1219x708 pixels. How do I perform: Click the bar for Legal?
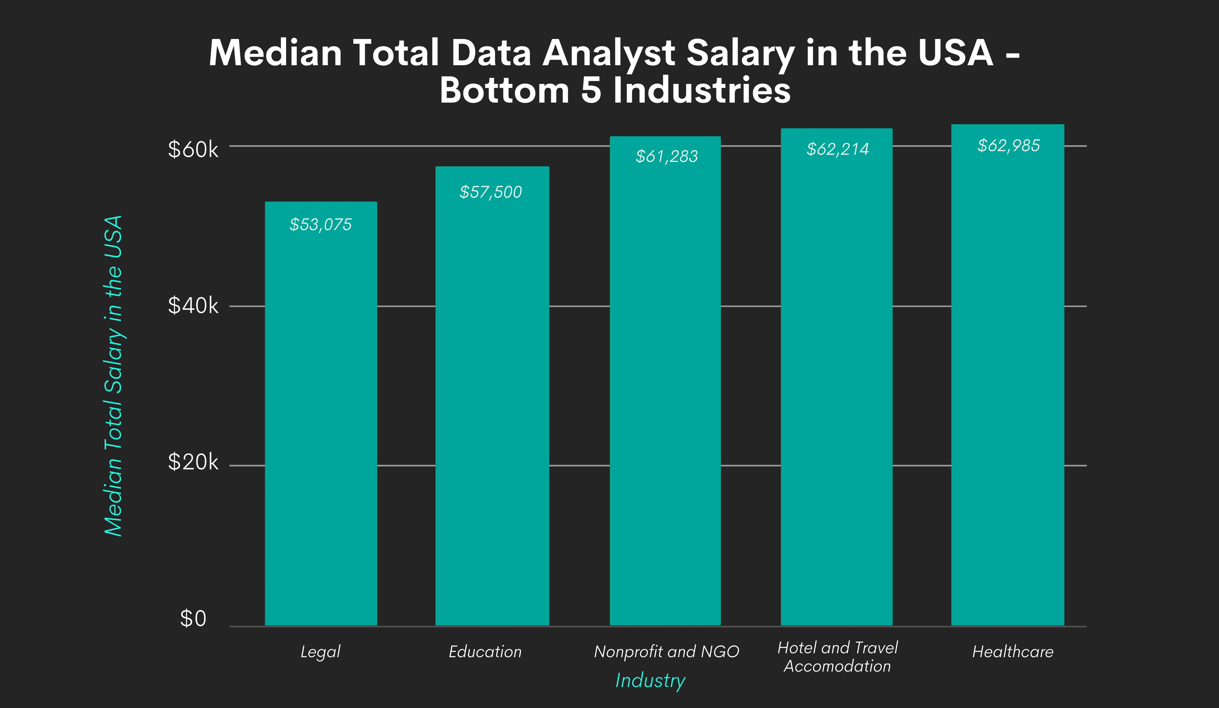[321, 414]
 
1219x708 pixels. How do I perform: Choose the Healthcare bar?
[1008, 375]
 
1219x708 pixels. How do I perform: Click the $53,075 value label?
[321, 225]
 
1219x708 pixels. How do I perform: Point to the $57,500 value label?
[491, 192]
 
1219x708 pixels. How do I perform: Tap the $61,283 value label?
[667, 156]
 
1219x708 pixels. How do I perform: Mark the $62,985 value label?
[1009, 146]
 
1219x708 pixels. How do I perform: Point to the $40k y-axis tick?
[193, 306]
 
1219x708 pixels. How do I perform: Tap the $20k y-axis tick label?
[193, 462]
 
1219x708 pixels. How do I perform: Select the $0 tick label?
[193, 619]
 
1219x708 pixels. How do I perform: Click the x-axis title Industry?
[650, 680]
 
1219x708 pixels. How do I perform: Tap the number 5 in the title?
[591, 90]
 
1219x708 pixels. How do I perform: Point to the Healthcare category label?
[1013, 652]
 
